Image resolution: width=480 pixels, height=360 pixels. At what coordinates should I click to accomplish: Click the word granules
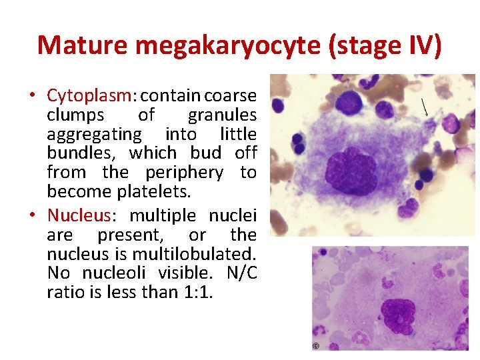[x=222, y=115]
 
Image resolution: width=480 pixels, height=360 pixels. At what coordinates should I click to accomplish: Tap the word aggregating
[x=94, y=134]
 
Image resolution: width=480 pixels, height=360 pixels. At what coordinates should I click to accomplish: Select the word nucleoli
[x=117, y=273]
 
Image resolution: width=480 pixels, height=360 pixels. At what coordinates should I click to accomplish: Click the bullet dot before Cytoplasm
[x=32, y=96]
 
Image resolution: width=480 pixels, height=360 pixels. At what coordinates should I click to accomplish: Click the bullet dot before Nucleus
[x=32, y=216]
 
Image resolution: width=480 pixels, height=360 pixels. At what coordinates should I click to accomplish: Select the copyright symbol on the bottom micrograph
[x=316, y=346]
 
